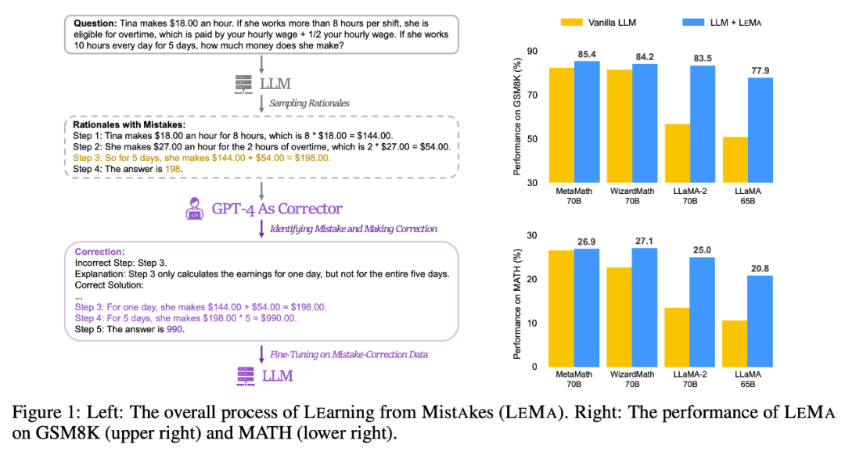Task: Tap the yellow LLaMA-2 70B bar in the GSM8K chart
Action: click(x=678, y=153)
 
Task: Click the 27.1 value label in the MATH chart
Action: click(x=644, y=242)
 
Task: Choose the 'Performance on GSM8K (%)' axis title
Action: click(x=517, y=117)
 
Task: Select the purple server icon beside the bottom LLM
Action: click(x=246, y=376)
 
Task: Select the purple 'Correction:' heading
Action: click(x=99, y=253)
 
